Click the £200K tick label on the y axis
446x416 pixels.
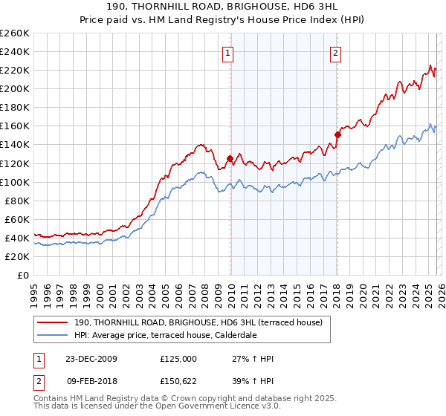(x=14, y=88)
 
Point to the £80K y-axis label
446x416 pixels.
(x=16, y=201)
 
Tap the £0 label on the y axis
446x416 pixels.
(x=23, y=275)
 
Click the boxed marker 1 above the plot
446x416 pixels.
(x=227, y=53)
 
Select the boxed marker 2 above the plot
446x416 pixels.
(x=336, y=53)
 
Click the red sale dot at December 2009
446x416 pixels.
(x=230, y=158)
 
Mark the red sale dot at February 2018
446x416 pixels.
(x=337, y=134)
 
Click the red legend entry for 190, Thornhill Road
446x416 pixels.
(x=198, y=322)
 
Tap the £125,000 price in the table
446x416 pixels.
(x=178, y=359)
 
